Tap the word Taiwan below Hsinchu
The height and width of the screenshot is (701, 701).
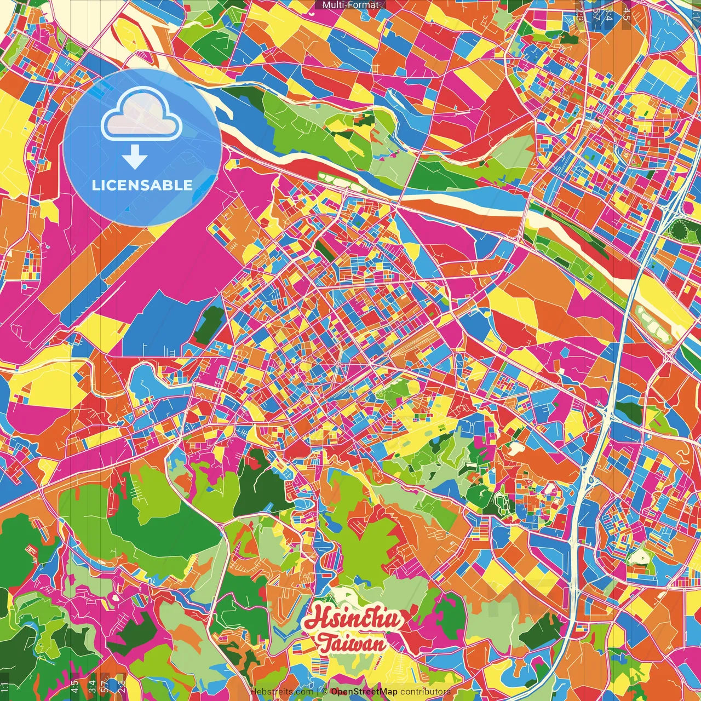click(352, 644)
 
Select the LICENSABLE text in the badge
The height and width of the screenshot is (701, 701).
click(142, 185)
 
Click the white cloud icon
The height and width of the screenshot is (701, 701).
click(142, 116)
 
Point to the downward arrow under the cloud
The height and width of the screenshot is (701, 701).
click(135, 158)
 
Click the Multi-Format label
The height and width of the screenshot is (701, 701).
click(350, 5)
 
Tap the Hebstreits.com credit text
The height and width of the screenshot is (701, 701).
click(281, 692)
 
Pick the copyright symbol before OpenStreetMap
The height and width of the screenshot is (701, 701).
click(324, 692)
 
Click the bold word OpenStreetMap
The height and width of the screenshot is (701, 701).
click(364, 692)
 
